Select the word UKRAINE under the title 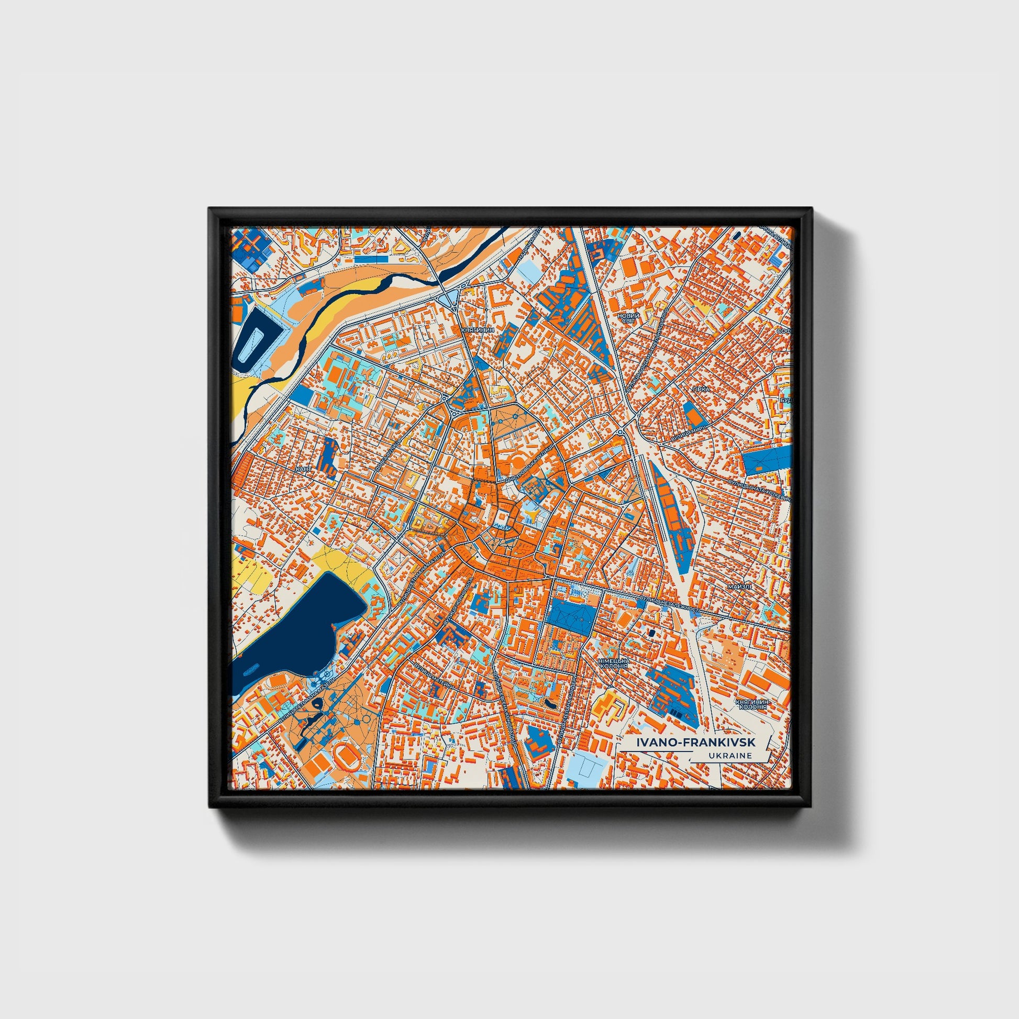pyautogui.click(x=730, y=756)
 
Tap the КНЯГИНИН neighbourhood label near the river pyautogui.click(x=478, y=329)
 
